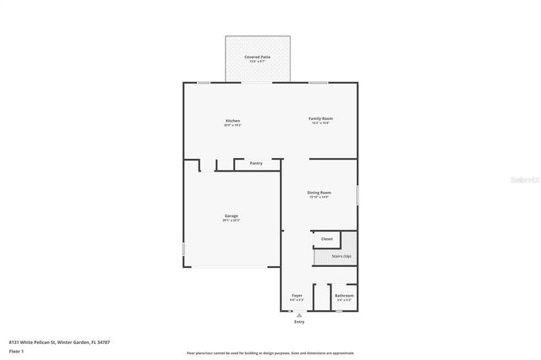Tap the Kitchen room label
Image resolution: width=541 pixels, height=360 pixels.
pos(232,120)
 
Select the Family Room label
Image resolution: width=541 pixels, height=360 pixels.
pos(320,119)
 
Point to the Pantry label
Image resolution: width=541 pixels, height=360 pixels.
pos(256,163)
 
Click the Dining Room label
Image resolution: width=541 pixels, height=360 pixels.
pos(319,193)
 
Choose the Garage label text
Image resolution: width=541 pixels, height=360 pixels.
pos(231,216)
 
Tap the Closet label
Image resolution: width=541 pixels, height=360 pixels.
pos(326,239)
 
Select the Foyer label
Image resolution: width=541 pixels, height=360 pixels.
pos(297,296)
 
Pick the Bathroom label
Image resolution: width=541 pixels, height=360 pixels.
pos(344,296)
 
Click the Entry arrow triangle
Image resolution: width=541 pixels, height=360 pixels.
pos(298,314)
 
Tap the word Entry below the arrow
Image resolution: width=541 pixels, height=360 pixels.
pos(298,322)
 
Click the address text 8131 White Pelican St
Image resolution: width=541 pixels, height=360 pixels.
pos(59,342)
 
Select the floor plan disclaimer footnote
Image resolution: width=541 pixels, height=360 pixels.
pos(270,353)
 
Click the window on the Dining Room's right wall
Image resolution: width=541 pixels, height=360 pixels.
pos(358,194)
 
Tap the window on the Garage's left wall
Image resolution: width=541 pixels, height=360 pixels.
pos(183,249)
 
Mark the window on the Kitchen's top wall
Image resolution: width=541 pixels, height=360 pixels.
pos(204,82)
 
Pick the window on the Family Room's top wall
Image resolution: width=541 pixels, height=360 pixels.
pos(318,82)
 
